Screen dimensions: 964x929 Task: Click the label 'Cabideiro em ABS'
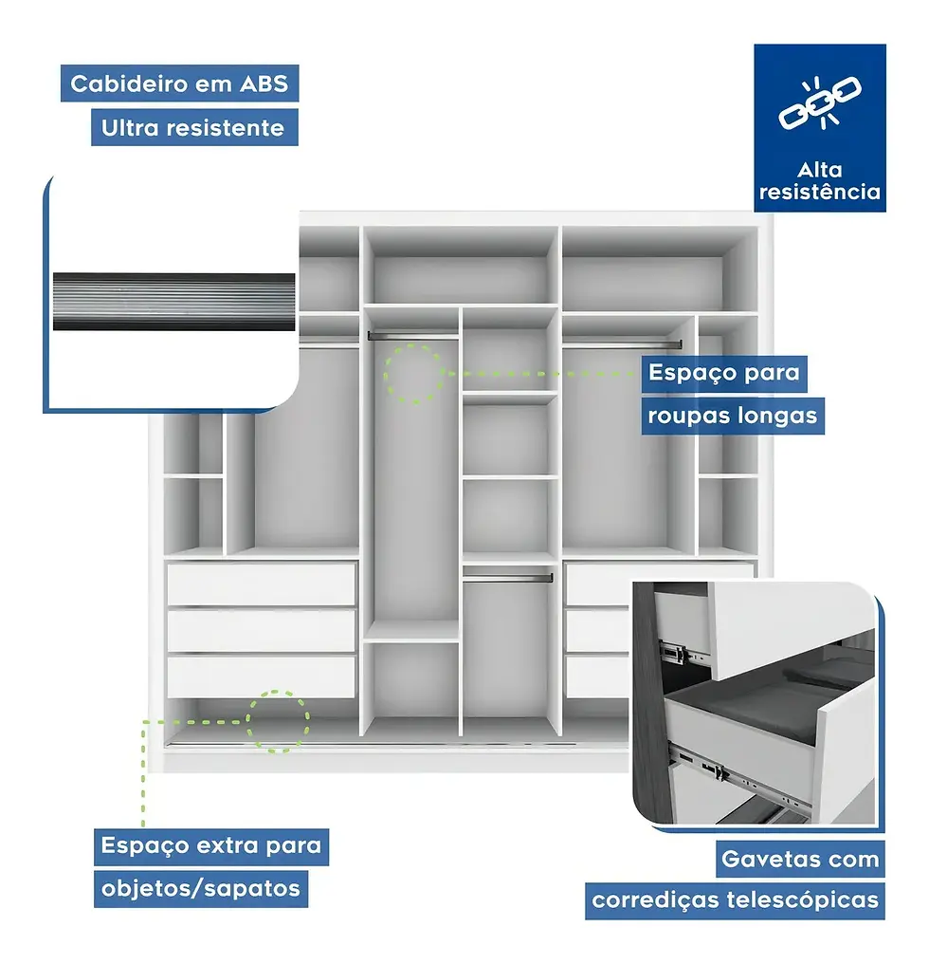click(180, 83)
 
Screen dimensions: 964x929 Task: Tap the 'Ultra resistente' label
click(193, 128)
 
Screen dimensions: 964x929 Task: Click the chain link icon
click(819, 102)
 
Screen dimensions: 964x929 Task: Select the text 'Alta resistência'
click(820, 181)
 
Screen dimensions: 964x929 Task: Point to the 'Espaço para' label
click(723, 372)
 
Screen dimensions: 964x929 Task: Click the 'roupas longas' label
click(732, 416)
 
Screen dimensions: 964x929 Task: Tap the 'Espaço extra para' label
click(210, 844)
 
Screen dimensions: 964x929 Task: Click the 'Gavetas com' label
click(800, 860)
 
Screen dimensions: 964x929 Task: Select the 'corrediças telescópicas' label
click(735, 899)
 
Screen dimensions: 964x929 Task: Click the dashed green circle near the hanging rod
click(413, 374)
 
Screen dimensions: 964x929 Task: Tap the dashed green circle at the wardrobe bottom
click(278, 721)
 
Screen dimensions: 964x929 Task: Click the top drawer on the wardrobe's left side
click(261, 584)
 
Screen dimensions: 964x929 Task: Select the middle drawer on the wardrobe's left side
click(261, 629)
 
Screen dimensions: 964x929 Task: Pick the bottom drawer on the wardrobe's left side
click(261, 675)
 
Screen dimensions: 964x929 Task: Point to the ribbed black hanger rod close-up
click(173, 302)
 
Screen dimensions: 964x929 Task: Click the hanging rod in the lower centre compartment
click(508, 576)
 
